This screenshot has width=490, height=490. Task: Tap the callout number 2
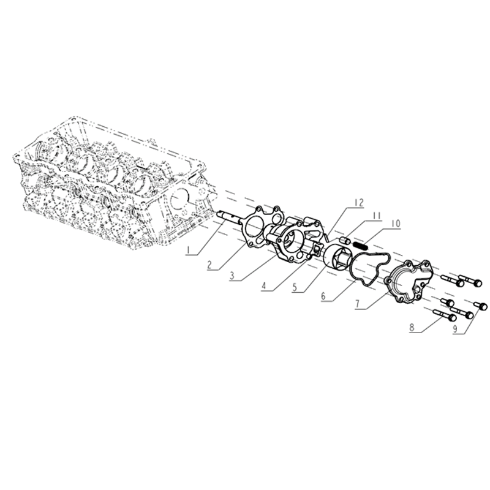point(210,265)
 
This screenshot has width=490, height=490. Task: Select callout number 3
point(232,276)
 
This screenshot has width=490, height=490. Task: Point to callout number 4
point(264,286)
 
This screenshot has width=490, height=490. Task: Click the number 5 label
point(295,287)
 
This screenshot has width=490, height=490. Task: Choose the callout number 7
point(358,304)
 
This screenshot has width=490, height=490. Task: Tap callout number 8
point(412,328)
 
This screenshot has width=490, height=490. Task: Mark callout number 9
point(455,329)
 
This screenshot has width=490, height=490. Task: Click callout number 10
point(395,224)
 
